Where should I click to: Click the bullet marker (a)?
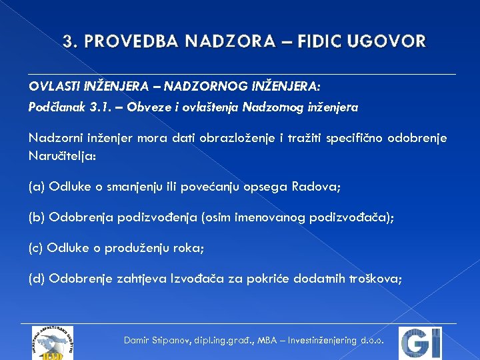(x=37, y=187)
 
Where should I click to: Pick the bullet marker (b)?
(x=37, y=217)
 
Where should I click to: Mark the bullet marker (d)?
(x=37, y=279)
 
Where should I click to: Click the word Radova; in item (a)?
(x=316, y=187)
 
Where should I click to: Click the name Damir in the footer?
(x=138, y=340)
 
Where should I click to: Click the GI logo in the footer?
(x=421, y=343)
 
